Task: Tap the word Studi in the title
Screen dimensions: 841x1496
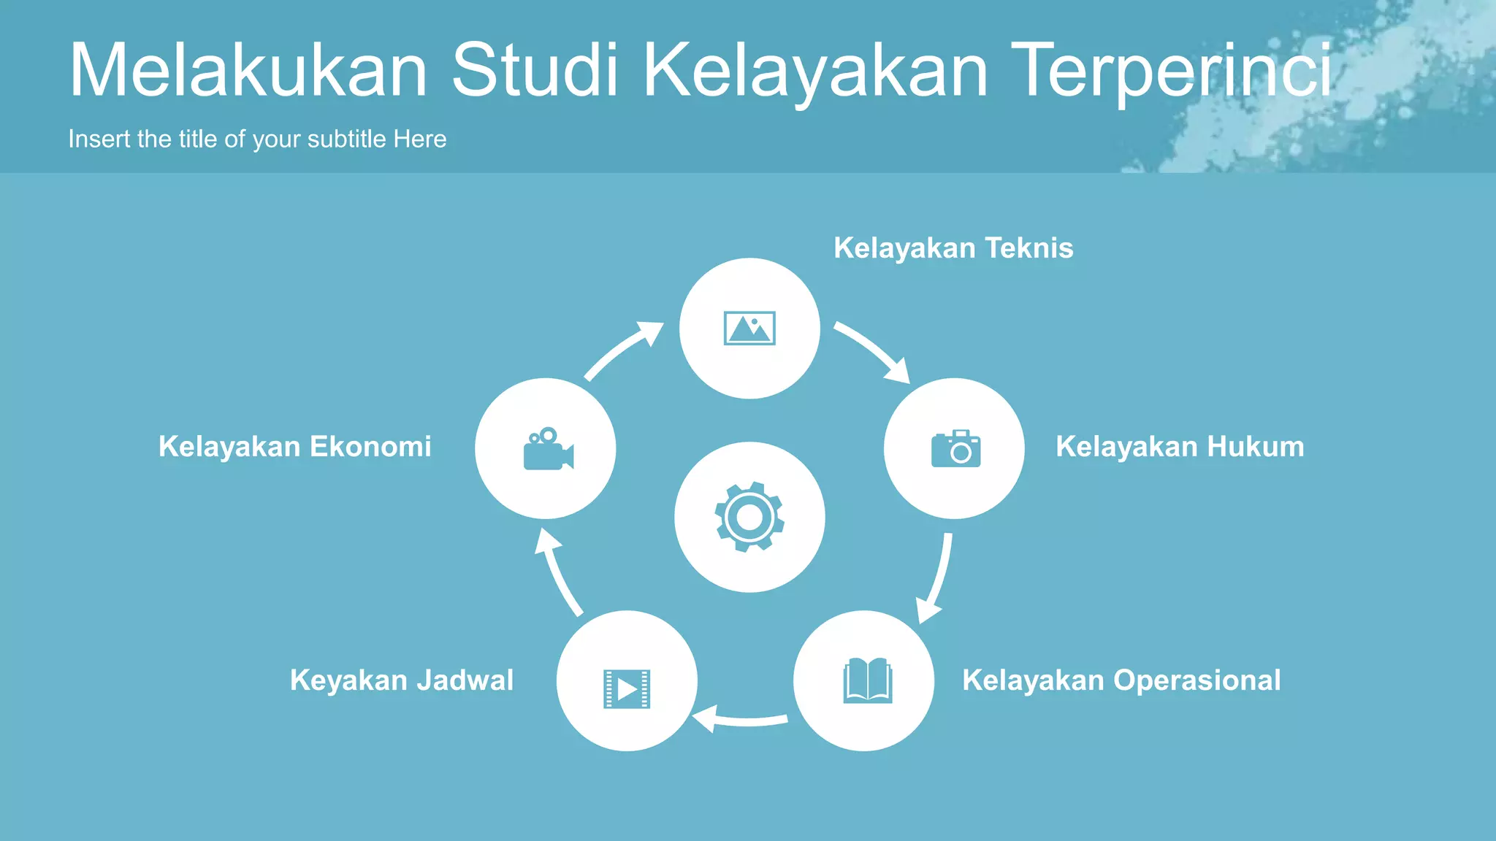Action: point(535,71)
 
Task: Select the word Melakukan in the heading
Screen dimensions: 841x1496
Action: point(248,71)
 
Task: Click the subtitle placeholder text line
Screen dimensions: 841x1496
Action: point(257,139)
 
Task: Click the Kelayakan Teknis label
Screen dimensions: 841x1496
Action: point(953,248)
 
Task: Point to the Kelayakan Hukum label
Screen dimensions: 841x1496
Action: point(1180,447)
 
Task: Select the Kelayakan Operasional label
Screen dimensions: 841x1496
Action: point(1121,680)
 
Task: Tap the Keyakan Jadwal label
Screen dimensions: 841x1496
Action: point(402,680)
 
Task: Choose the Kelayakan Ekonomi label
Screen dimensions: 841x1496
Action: point(295,447)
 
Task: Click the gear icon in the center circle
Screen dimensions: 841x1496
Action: point(749,517)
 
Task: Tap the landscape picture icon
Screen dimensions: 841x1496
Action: point(749,328)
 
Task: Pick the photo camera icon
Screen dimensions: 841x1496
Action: point(955,448)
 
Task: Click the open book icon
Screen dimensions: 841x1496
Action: point(867,680)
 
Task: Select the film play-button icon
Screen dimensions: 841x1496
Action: point(627,688)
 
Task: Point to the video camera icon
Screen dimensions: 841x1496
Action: point(548,449)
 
